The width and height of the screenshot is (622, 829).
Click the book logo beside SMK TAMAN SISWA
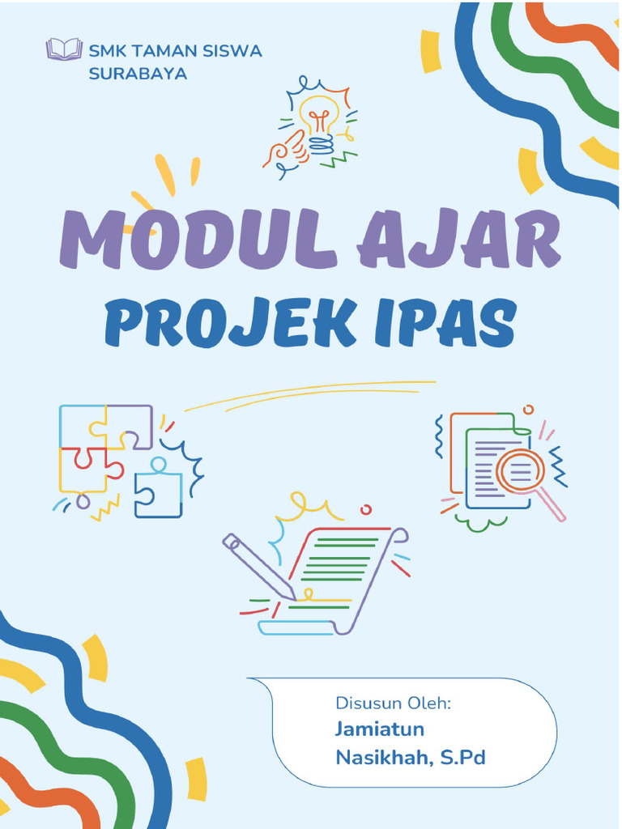65,49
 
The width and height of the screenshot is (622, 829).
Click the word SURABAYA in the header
138,73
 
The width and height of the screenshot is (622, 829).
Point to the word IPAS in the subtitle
466,322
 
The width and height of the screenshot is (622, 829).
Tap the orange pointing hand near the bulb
283,151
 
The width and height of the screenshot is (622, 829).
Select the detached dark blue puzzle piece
158,490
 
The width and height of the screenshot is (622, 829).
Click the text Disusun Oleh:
392,703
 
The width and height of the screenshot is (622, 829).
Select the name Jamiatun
379,729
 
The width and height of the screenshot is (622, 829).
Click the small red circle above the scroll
366,509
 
